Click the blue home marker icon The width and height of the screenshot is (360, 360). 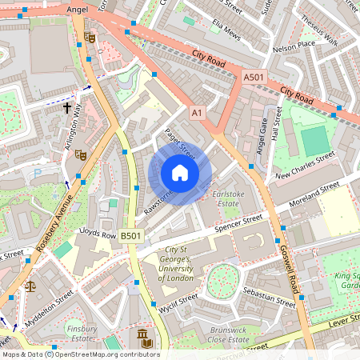tap(180, 173)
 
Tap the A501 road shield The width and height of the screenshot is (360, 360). tap(253, 77)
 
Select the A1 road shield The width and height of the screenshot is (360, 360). tap(197, 114)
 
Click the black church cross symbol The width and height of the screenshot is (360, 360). tap(67, 106)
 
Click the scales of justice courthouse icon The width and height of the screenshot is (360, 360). tap(30, 285)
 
